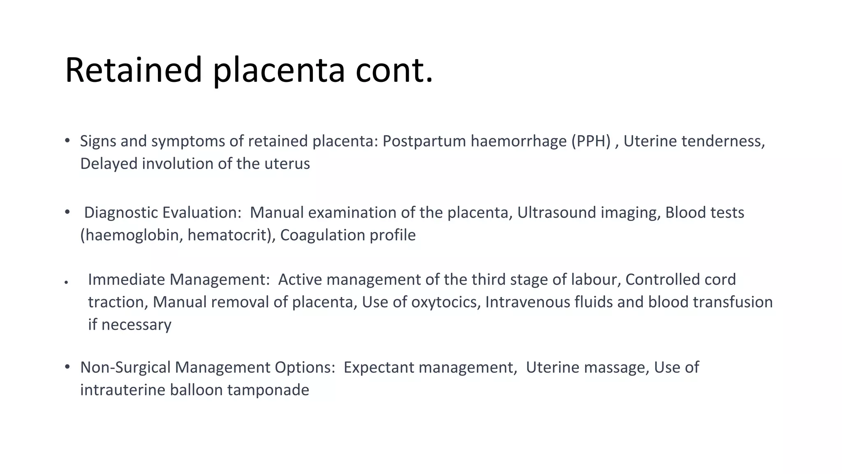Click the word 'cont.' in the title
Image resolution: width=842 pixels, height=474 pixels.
coord(394,70)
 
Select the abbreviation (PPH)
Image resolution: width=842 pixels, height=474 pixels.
coord(591,141)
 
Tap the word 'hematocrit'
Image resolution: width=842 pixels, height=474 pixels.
coord(229,235)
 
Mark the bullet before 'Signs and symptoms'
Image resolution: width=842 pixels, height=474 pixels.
coord(67,141)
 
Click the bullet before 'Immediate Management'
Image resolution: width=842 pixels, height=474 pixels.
coord(66,283)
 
